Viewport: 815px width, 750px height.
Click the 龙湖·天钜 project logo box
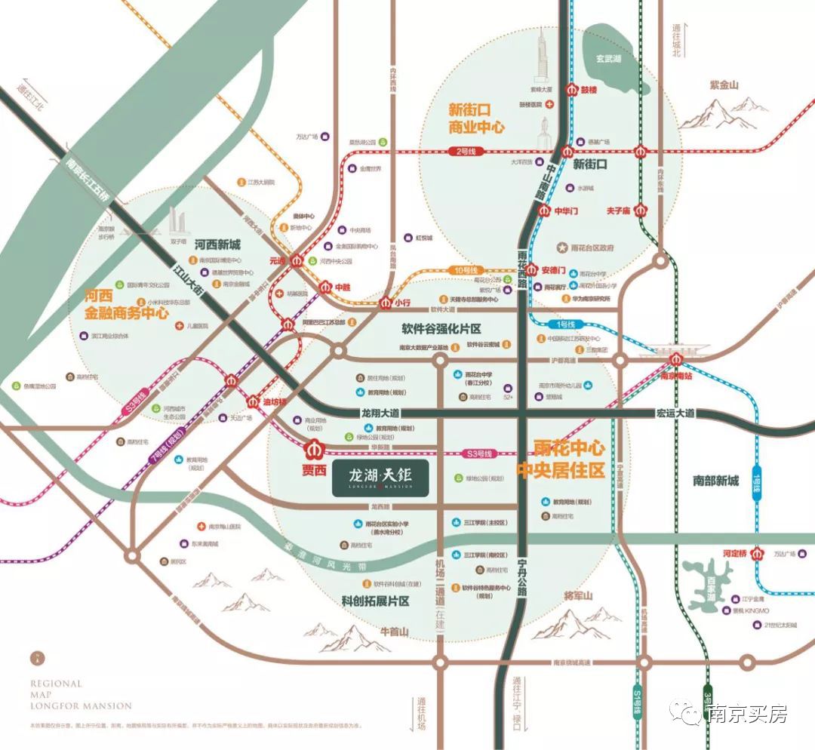tap(381, 478)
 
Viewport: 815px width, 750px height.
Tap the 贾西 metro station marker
tap(312, 450)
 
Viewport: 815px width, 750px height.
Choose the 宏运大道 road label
tap(675, 413)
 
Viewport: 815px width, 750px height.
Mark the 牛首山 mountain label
tap(393, 631)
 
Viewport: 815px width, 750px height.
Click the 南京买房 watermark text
tap(746, 713)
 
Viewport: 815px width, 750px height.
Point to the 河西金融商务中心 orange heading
tap(126, 303)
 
